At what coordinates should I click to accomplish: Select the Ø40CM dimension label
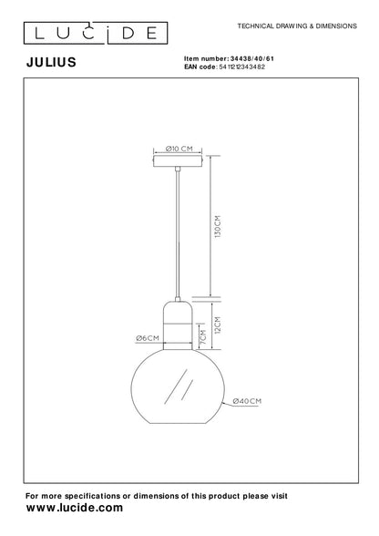tap(249, 400)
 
